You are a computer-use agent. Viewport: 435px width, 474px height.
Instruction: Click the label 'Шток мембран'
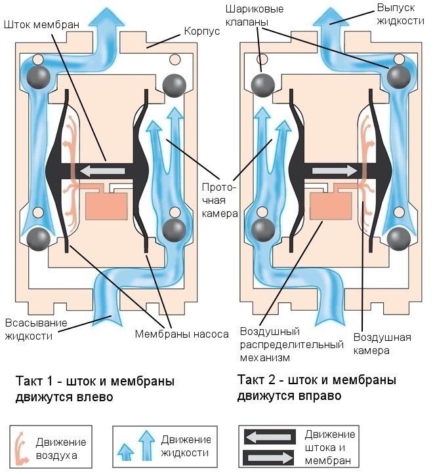41,25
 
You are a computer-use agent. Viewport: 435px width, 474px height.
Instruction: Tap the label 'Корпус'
202,31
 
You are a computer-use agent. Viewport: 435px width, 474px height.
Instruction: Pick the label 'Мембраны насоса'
182,334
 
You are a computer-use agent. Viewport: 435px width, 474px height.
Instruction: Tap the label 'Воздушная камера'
383,344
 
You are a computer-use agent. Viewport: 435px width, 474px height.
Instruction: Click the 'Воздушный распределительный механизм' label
291,345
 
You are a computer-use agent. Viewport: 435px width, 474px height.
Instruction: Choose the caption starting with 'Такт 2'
317,389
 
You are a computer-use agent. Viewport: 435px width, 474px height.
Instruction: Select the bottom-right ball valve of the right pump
398,239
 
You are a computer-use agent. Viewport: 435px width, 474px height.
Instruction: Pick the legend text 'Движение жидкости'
186,446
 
